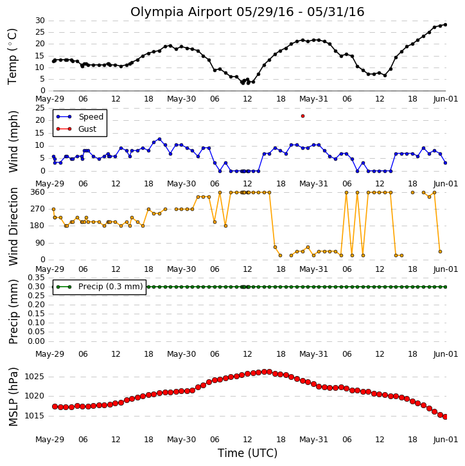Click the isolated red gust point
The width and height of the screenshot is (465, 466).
(303, 116)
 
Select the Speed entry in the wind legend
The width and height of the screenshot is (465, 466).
(80, 116)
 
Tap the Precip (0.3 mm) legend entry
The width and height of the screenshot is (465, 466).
(100, 287)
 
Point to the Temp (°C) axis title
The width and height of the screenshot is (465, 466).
(12, 57)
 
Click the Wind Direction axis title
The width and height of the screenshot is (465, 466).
(13, 226)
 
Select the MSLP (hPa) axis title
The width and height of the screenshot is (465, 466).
(13, 397)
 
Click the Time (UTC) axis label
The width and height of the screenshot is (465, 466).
(247, 453)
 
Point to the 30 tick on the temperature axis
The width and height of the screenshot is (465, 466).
(40, 21)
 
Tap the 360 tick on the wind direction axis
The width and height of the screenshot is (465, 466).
(38, 192)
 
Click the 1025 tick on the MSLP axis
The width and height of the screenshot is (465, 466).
(34, 377)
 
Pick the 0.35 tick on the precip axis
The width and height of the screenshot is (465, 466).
(36, 278)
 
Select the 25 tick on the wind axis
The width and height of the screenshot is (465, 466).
(40, 107)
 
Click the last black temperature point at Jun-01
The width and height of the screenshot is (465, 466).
(445, 24)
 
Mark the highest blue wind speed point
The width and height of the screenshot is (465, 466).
(159, 139)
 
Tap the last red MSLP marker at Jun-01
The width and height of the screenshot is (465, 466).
(445, 417)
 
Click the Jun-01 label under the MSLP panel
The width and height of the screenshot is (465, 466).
(445, 439)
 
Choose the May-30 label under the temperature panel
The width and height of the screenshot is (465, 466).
(181, 99)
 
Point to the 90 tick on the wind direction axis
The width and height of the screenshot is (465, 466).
(40, 243)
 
